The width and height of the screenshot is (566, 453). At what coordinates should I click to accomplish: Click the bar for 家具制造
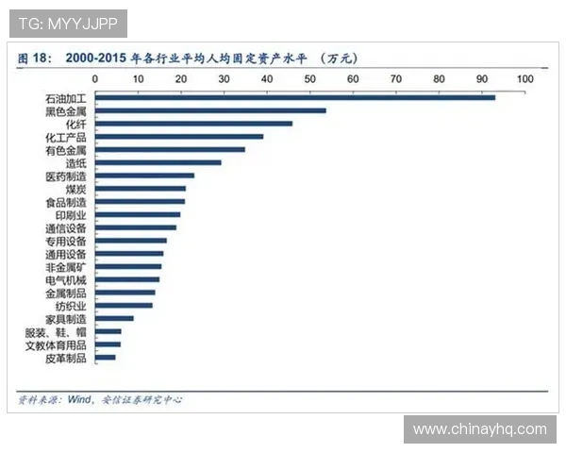[114, 318]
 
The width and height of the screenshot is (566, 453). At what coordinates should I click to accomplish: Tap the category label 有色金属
[65, 150]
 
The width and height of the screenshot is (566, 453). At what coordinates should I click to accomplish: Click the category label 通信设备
[65, 227]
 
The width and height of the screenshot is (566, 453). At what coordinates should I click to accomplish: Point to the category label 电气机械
[65, 280]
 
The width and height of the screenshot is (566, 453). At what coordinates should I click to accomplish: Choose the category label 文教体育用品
[58, 345]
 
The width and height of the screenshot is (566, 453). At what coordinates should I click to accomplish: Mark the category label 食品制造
[65, 202]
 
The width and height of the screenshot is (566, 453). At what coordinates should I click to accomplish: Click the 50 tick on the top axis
[309, 79]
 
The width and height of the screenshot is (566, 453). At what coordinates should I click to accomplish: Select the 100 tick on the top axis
[524, 79]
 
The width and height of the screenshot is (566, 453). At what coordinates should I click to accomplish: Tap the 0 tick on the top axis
[95, 79]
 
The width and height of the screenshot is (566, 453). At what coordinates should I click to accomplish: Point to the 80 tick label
[439, 79]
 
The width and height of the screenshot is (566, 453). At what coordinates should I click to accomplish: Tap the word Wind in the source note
[77, 399]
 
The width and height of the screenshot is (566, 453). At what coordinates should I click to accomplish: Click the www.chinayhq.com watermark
[479, 429]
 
